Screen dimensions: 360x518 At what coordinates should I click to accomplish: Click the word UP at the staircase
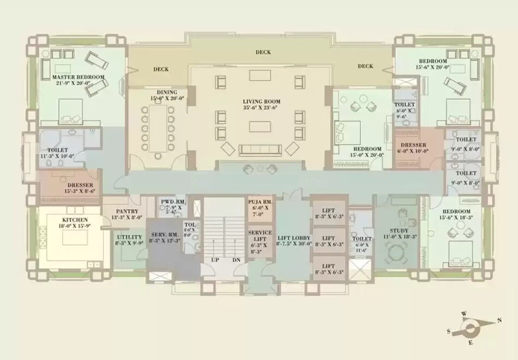(215, 260)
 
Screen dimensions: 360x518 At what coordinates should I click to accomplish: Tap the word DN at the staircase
(236, 260)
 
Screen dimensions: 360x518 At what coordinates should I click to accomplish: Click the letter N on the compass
(499, 321)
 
